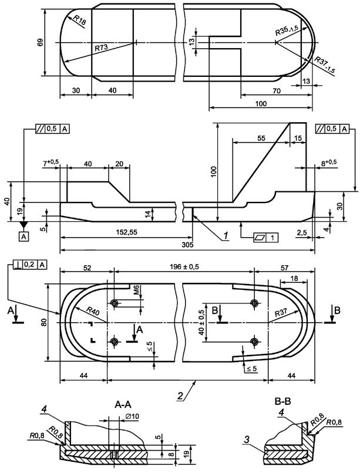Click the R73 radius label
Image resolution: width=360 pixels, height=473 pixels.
(102, 48)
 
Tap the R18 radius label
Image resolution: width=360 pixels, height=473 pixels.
(79, 21)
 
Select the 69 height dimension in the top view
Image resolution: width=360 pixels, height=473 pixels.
(40, 42)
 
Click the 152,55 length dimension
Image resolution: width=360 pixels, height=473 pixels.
(126, 232)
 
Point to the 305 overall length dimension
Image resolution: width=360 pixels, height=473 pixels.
(188, 245)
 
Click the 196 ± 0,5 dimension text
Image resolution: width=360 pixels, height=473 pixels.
(184, 266)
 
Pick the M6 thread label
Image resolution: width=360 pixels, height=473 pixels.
(136, 290)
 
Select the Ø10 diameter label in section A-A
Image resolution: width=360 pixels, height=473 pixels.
(132, 416)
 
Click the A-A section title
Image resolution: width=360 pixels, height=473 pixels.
(123, 404)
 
